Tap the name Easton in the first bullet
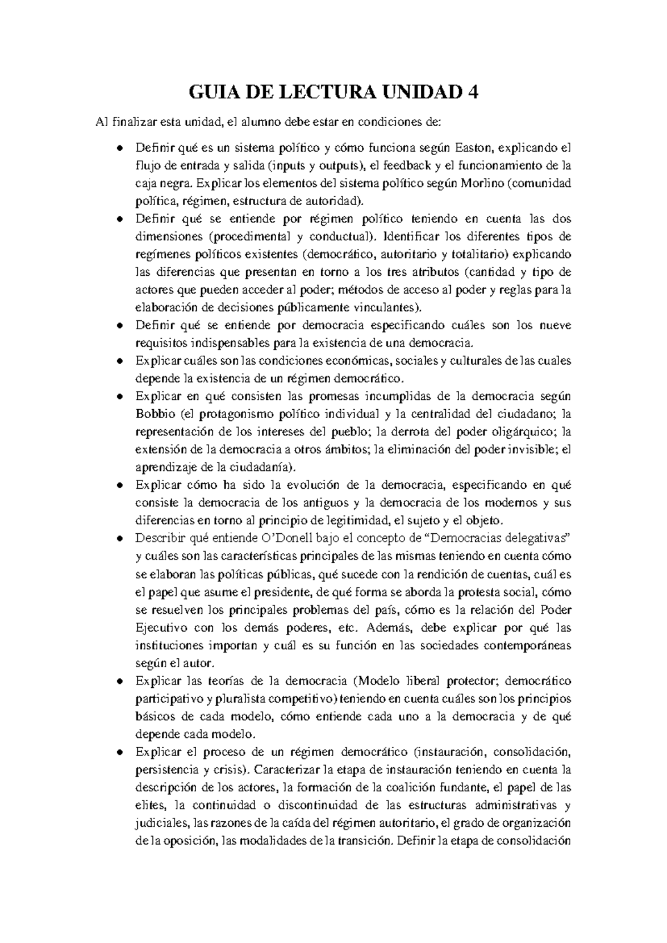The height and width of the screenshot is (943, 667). point(474,148)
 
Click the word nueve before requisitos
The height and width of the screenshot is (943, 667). point(555,325)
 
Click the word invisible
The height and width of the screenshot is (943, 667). point(527,450)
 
